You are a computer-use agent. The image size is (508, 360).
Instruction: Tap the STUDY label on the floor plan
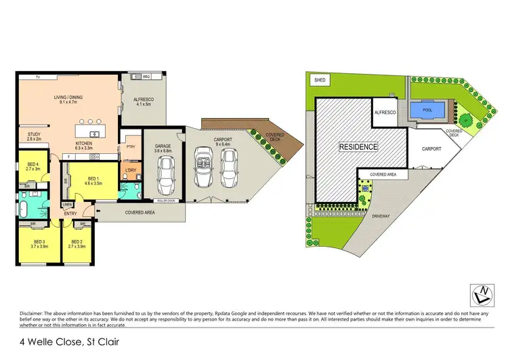(x=34, y=135)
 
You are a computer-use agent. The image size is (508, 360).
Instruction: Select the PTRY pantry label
(x=130, y=146)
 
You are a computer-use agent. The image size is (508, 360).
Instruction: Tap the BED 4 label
(x=33, y=164)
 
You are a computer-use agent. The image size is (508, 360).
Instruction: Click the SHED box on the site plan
(x=320, y=80)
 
